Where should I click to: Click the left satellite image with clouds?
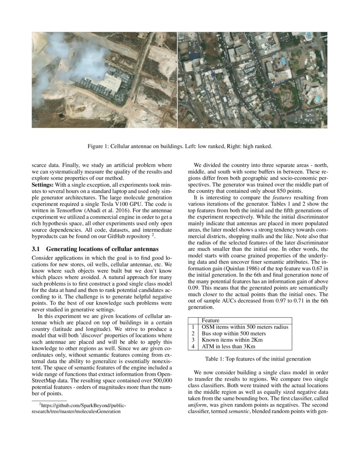pyautogui.click(x=104, y=80)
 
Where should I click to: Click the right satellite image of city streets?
pyautogui.click(x=252, y=80)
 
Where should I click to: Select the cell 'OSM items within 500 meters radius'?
pyautogui.click(x=245, y=327)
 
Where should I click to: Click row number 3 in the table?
pyautogui.click(x=193, y=340)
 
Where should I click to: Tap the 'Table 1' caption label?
pyautogui.click(x=216, y=359)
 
